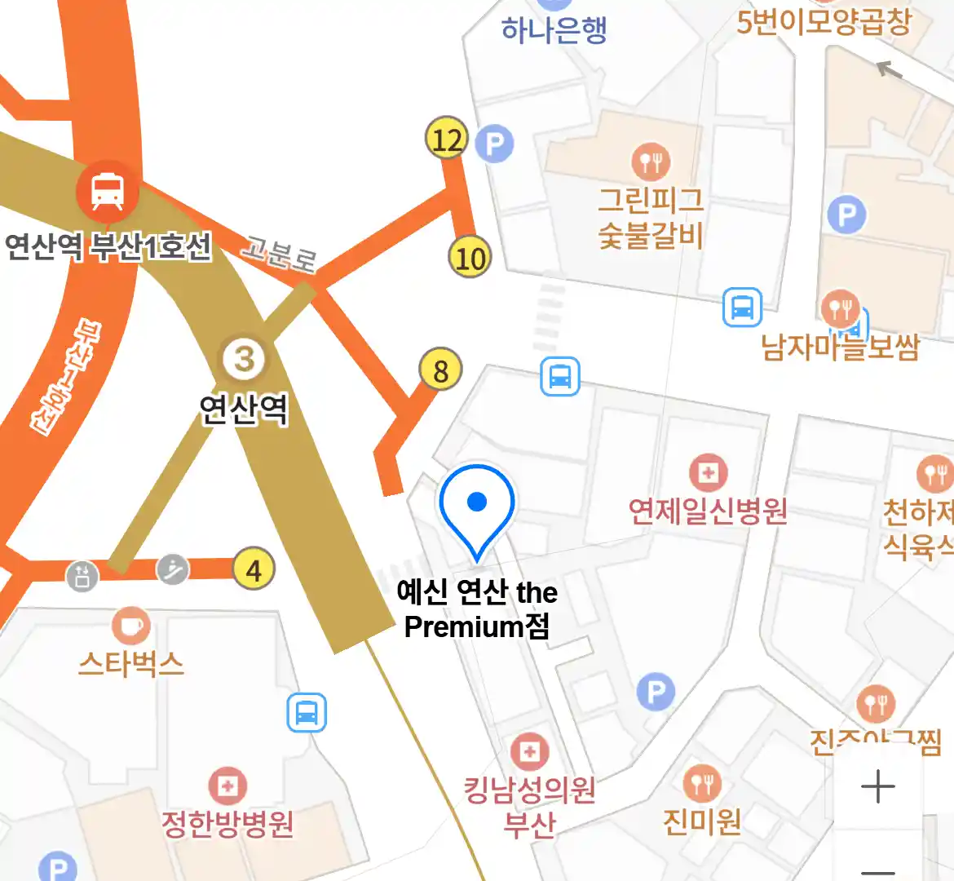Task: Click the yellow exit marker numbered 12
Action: tap(447, 139)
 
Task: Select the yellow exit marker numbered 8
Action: tap(440, 370)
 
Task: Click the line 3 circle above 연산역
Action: tap(244, 359)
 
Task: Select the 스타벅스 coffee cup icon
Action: tap(130, 626)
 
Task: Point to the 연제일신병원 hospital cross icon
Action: tap(708, 472)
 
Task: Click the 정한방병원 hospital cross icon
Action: tap(227, 786)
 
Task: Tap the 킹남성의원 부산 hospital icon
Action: tap(529, 752)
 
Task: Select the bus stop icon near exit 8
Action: tap(559, 377)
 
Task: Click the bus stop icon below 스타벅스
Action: tap(307, 712)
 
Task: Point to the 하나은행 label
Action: tap(554, 30)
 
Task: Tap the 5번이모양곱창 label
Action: tap(824, 21)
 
